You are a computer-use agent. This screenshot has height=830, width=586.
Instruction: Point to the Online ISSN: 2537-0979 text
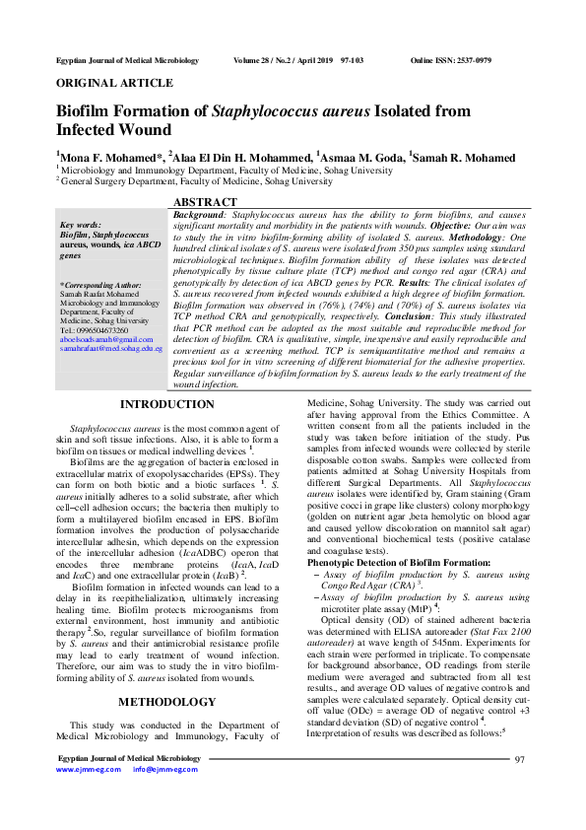click(450, 61)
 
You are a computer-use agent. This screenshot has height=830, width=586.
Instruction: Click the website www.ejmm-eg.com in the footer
click(88, 769)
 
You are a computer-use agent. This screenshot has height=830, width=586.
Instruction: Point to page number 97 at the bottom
click(520, 759)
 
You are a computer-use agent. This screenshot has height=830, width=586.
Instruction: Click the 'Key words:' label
click(80, 226)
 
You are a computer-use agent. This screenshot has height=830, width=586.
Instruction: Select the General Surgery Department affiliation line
click(197, 181)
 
